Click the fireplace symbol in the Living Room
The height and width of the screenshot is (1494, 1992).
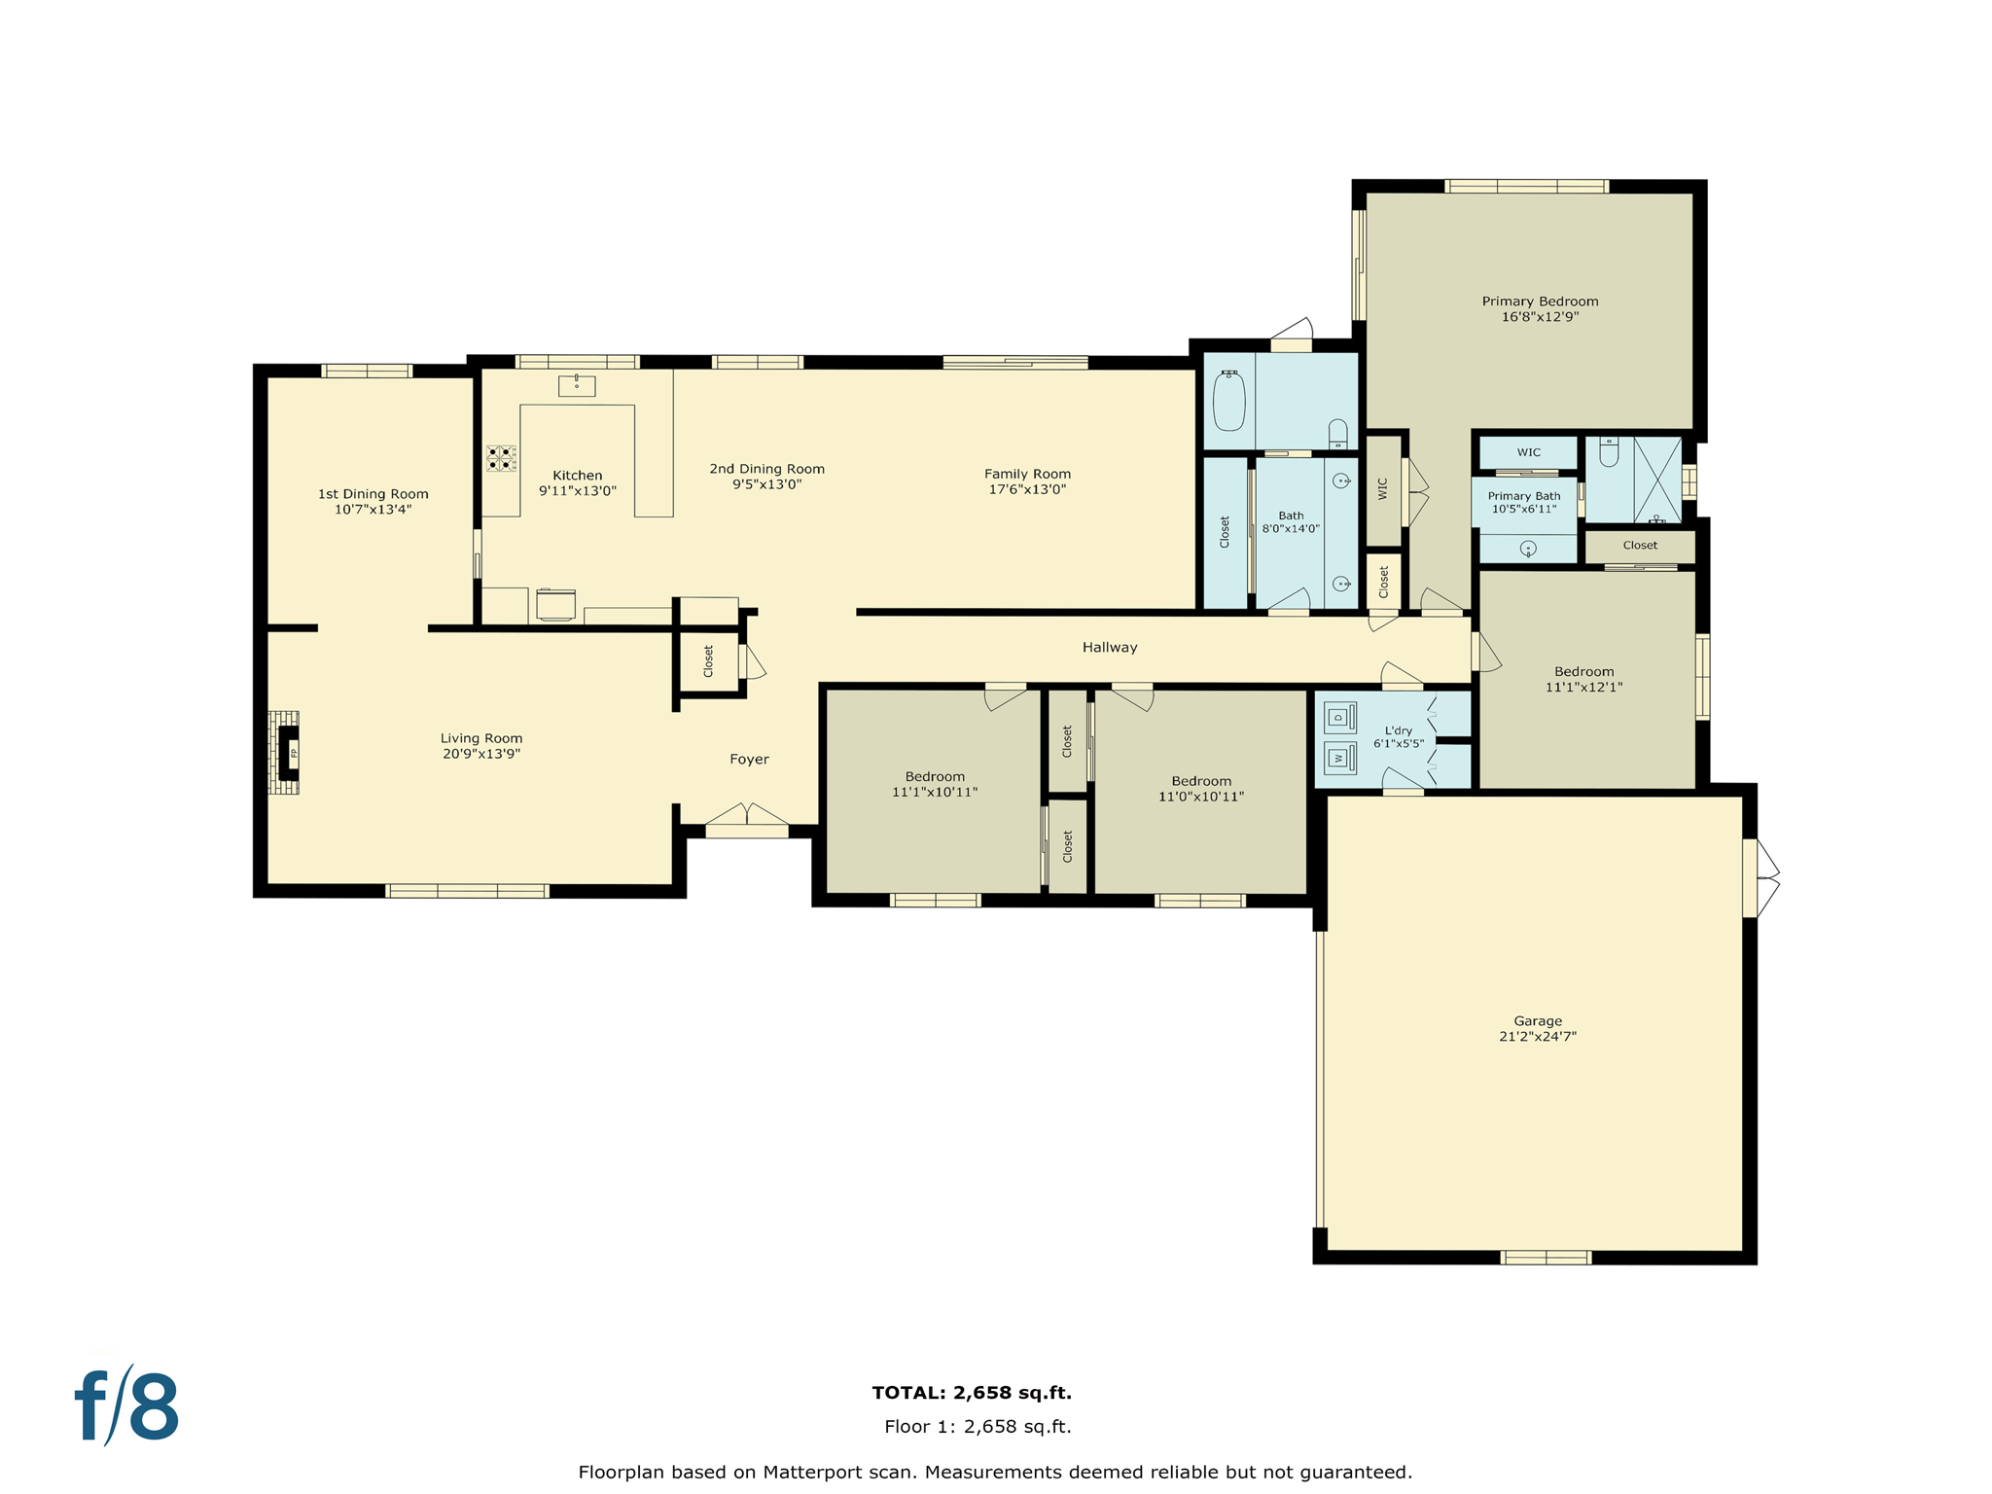point(288,752)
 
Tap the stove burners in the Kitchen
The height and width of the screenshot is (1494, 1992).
point(501,458)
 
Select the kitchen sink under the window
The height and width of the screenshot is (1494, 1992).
point(576,385)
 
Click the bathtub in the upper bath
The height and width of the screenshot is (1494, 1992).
point(1229,401)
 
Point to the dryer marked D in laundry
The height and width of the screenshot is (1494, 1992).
point(1339,718)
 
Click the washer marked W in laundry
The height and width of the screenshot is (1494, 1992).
point(1339,757)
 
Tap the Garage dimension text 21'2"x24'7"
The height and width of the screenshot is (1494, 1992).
point(1537,1036)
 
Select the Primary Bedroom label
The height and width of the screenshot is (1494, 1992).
point(1540,302)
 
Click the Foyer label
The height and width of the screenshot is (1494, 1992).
point(749,760)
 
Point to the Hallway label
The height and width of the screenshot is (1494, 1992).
point(1110,647)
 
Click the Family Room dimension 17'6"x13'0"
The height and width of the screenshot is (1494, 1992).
point(1027,489)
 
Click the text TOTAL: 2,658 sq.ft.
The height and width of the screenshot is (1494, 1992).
point(972,1393)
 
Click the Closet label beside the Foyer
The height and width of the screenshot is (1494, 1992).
point(708,661)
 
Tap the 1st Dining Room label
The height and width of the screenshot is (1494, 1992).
point(373,494)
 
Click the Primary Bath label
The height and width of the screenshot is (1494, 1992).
point(1523,496)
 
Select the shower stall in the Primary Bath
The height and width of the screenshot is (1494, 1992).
point(1656,480)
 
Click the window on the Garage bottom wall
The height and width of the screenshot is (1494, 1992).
point(1546,1258)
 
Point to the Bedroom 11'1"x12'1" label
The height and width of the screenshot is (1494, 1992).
point(1583,672)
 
